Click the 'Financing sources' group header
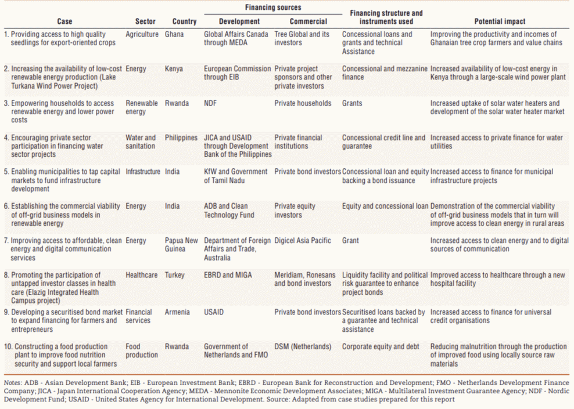pos(273,8)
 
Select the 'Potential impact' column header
pos(500,21)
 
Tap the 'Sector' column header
pos(145,21)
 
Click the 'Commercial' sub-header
pos(308,21)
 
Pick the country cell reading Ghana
pos(174,34)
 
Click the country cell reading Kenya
pos(174,68)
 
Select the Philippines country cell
pos(181,138)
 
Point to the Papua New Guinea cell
pos(181,245)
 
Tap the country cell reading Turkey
pos(175,275)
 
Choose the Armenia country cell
pos(177,312)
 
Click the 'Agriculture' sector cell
pos(142,34)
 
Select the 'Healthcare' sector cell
pos(142,275)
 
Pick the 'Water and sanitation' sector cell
pos(141,142)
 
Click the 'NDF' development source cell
pos(210,103)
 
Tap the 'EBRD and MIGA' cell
pos(228,275)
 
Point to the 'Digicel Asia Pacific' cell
pos(303,241)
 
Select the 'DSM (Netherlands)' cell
pos(303,346)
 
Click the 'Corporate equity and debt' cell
pos(381,346)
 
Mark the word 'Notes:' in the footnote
pos(13,383)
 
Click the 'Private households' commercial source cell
pos(303,103)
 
